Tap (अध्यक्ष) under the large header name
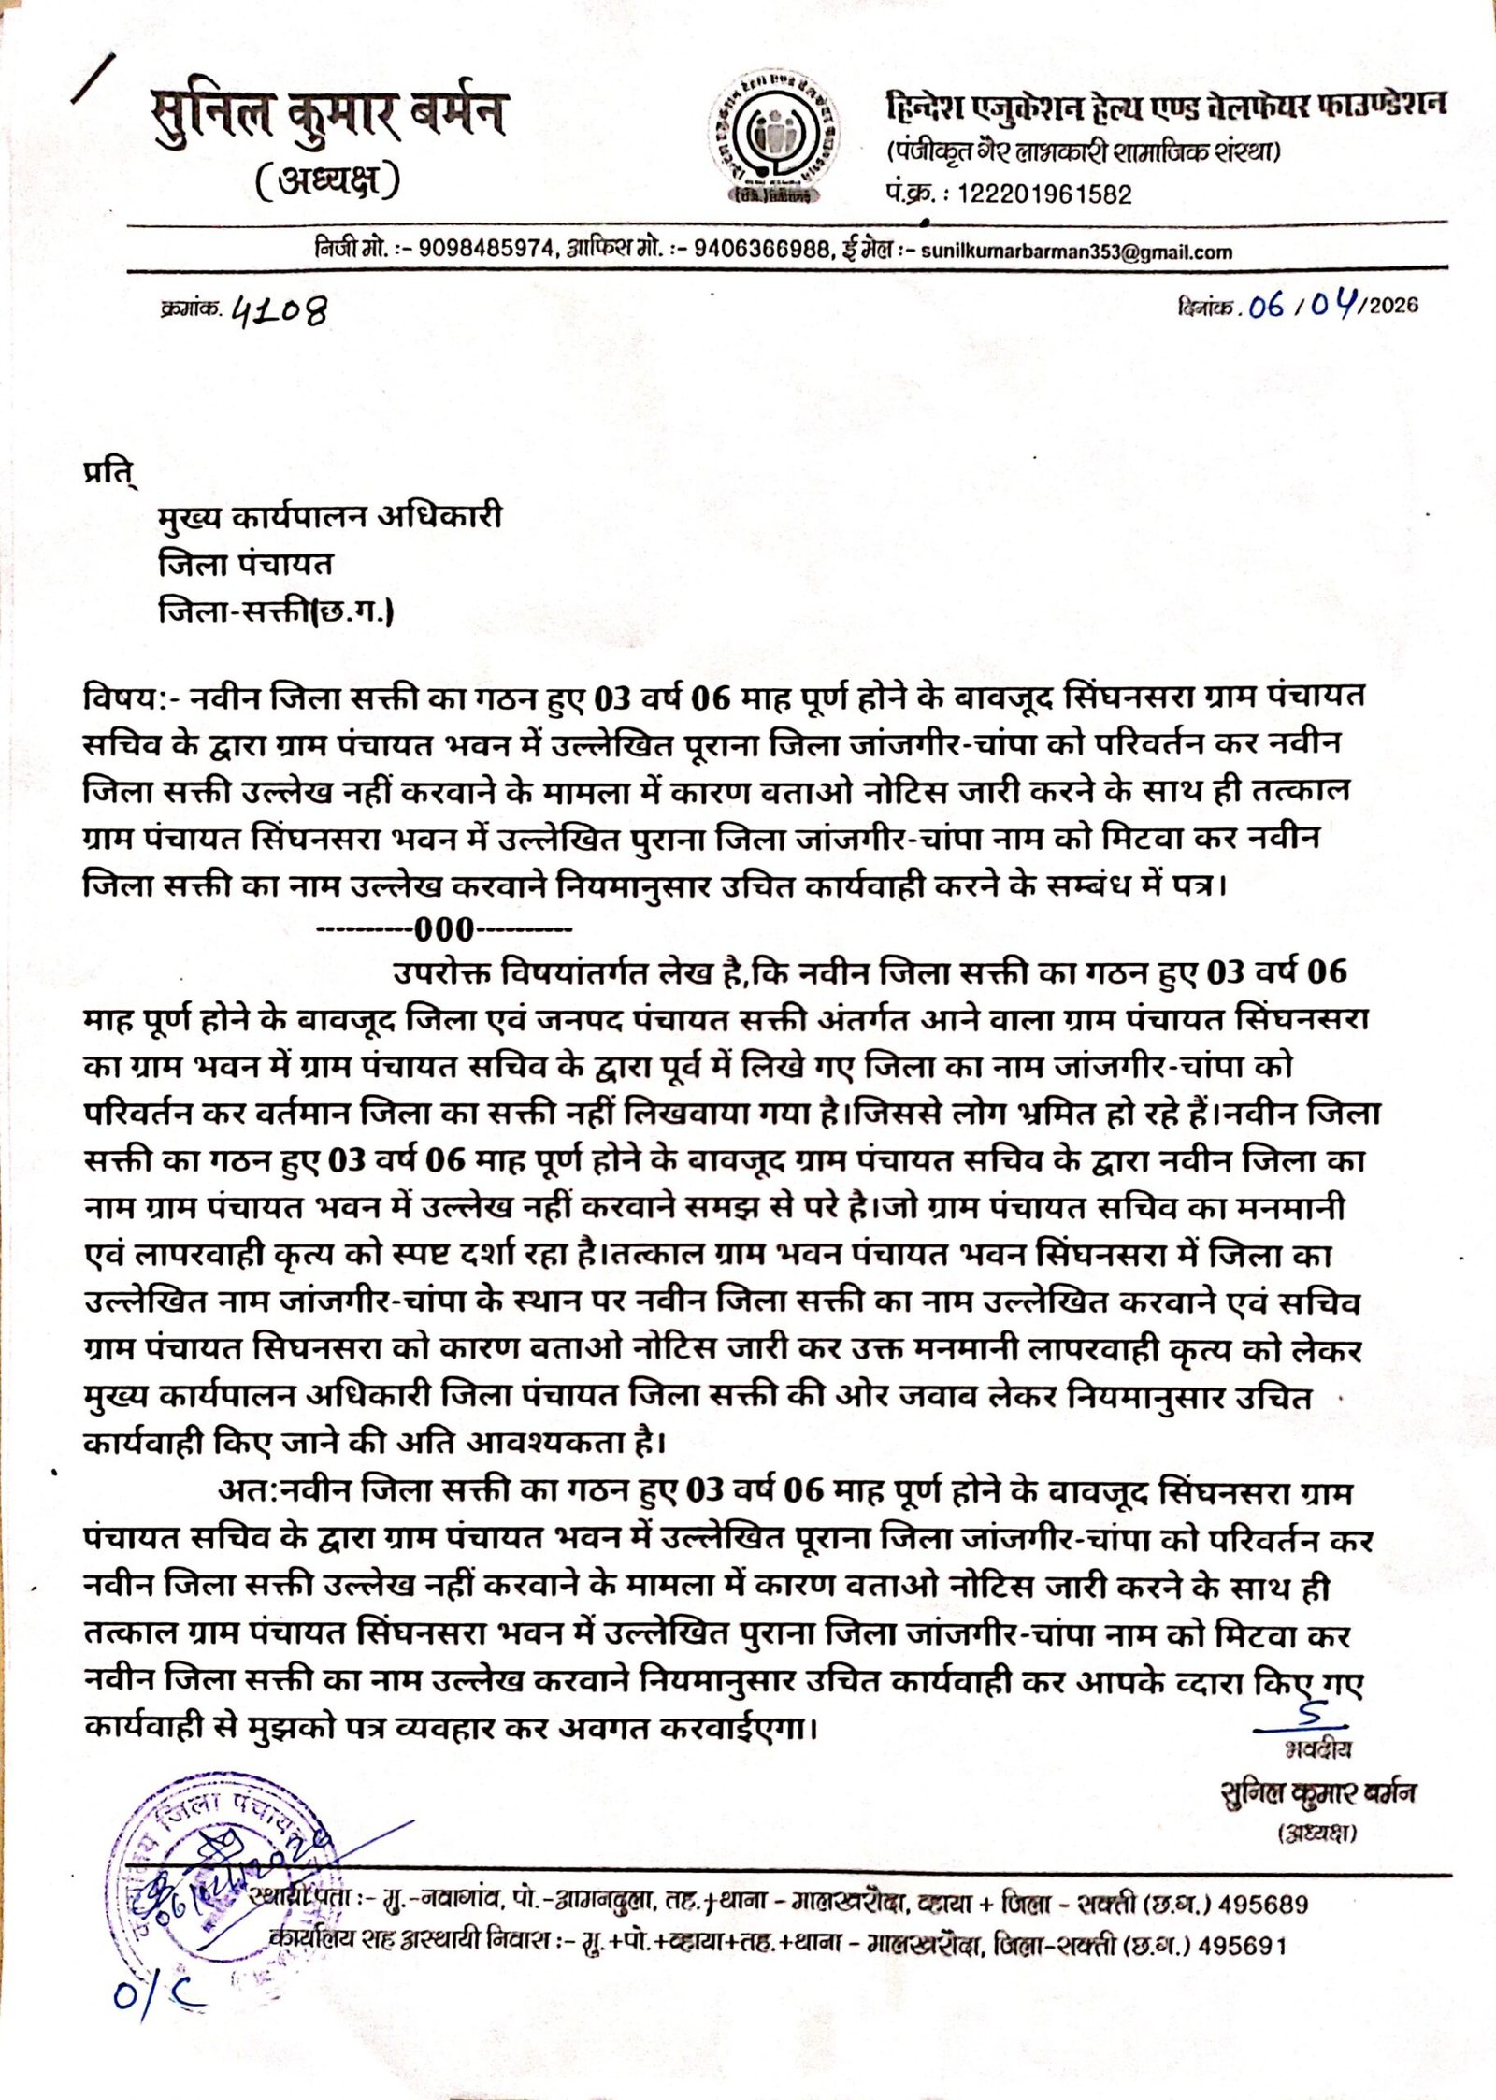point(327,180)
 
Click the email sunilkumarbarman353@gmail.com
point(1076,252)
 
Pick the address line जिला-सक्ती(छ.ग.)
point(276,612)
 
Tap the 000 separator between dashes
point(444,930)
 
